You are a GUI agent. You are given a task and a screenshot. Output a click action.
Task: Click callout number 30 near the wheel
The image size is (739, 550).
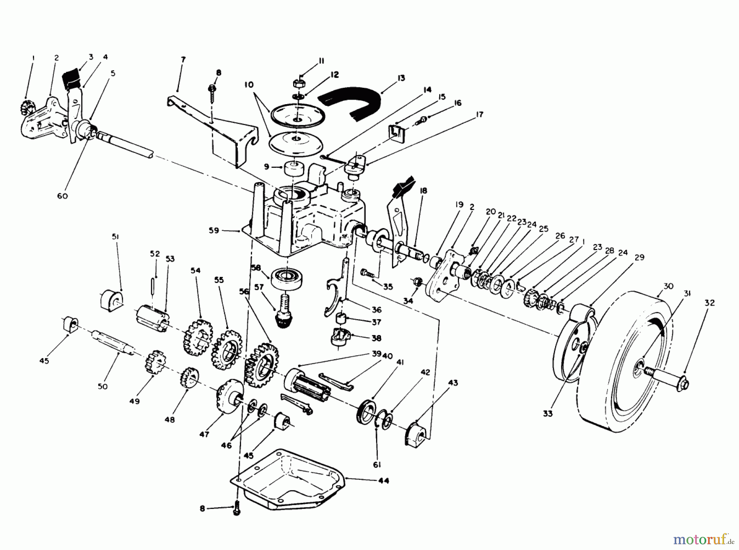pos(668,286)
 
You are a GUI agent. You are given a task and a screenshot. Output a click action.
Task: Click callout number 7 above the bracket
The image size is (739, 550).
pos(183,60)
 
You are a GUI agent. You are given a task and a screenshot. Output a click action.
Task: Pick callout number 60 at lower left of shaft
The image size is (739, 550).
pos(62,196)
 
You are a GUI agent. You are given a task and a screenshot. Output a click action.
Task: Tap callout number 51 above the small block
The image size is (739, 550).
pos(115,237)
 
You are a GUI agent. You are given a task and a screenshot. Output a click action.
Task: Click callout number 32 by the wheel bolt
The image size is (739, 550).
pos(709,303)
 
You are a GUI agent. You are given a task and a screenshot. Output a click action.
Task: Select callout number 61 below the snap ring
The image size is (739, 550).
pos(377,465)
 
